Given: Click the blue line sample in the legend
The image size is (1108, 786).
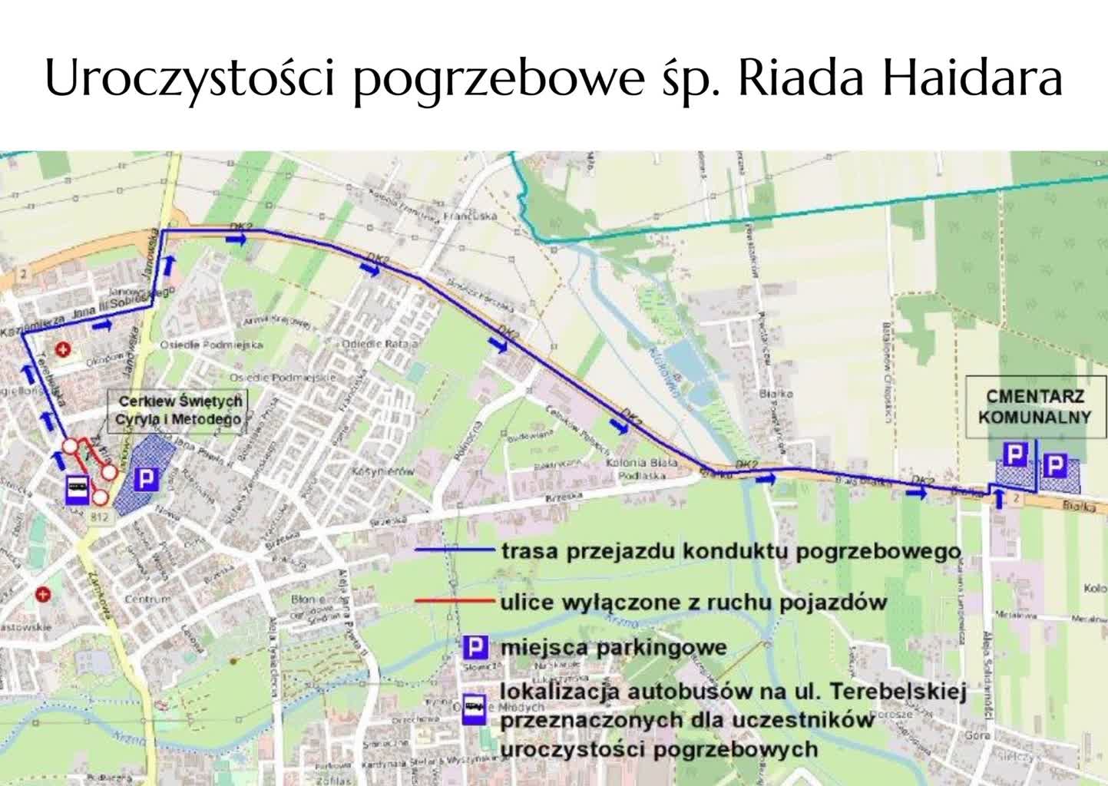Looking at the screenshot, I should [x=453, y=550].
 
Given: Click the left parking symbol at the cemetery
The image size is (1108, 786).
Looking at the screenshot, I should [x=1015, y=456].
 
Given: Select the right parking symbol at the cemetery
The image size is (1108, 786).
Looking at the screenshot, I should [x=1056, y=464].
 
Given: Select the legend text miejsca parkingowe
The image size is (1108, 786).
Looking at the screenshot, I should [x=613, y=647].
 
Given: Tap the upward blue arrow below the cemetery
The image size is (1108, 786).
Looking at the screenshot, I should [x=998, y=500].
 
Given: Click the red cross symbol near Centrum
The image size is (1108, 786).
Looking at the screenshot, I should [x=44, y=593].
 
